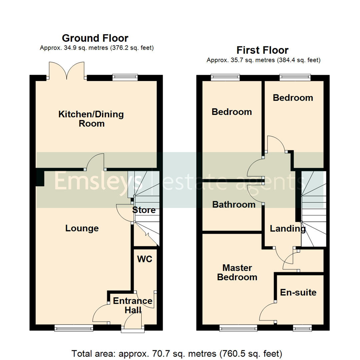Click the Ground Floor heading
(95, 38)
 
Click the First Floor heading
(262, 50)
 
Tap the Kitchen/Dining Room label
(91, 119)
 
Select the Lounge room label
(82, 228)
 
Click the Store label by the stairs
(144, 210)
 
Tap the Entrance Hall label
(133, 305)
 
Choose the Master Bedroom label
(237, 272)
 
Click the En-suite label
(298, 293)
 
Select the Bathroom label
(234, 204)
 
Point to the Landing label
(288, 229)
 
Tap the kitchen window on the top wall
(125, 77)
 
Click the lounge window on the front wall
(74, 328)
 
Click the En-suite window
(302, 329)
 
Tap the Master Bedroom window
(238, 329)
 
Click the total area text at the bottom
(177, 353)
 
